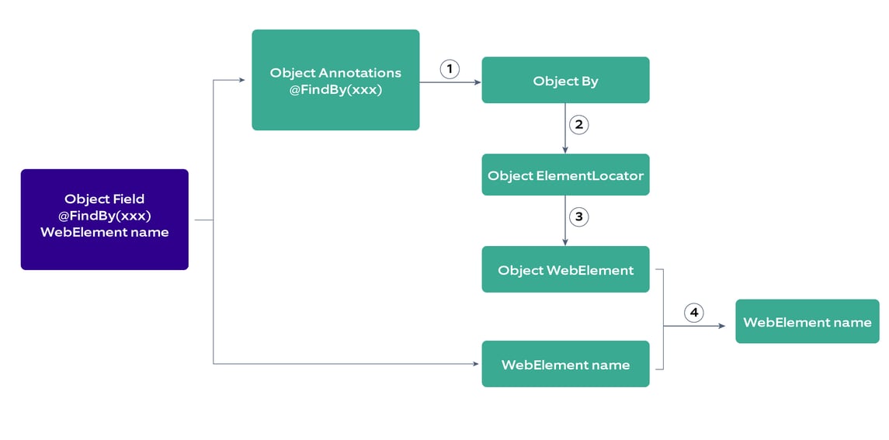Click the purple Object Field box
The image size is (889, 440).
tap(104, 220)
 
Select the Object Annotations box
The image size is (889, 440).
tap(335, 80)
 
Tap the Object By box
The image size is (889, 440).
tap(565, 80)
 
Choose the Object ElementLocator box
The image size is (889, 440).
tap(565, 175)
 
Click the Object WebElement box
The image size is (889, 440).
tap(565, 269)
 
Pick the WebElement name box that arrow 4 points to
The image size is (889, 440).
tap(807, 321)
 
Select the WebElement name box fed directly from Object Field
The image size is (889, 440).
tap(565, 364)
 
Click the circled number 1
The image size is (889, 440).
tap(450, 69)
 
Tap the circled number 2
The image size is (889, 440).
tap(578, 124)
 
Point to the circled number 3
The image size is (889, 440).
tap(578, 217)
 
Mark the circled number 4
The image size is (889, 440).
tap(693, 313)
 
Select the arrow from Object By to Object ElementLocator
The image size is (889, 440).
tap(565, 128)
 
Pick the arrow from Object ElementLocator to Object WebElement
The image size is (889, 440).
tap(565, 220)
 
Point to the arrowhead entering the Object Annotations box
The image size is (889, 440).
tap(241, 80)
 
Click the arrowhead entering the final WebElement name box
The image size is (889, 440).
tap(721, 326)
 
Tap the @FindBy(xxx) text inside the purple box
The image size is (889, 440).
tap(104, 216)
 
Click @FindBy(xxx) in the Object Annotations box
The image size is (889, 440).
tap(335, 89)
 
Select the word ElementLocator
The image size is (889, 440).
tap(589, 175)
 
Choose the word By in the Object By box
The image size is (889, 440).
tap(589, 81)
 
